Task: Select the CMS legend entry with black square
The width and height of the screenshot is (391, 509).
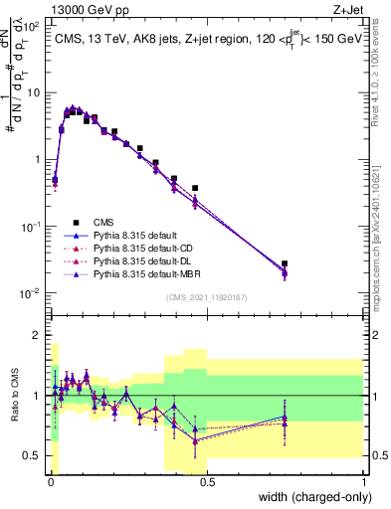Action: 104,222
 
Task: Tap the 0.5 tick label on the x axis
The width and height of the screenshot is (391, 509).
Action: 207,482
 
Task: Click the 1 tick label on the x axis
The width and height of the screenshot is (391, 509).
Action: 363,482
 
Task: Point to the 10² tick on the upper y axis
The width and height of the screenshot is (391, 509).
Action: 30,26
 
